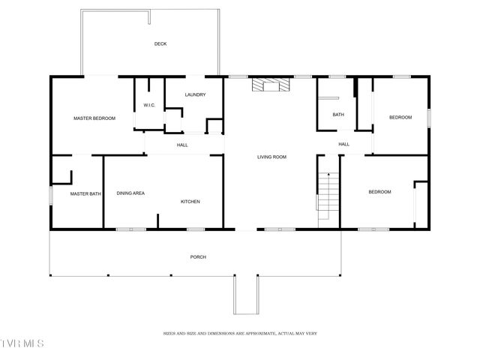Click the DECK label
coord(160,44)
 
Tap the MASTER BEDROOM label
coord(94,118)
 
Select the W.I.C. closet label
coord(149,105)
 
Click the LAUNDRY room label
coord(195,94)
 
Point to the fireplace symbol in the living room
coord(269,85)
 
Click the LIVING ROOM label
coord(272,157)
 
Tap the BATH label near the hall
coord(338,115)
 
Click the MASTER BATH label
coord(85,194)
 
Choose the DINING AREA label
coord(130,193)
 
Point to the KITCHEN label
coord(190,202)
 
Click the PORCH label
coord(198,257)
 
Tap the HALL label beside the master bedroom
coord(182,145)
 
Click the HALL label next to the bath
coord(343,144)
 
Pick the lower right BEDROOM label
coord(379,192)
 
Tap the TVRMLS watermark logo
coord(22,343)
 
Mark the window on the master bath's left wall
coord(50,195)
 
